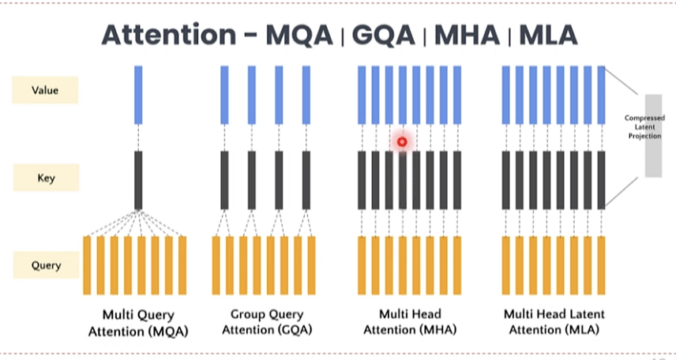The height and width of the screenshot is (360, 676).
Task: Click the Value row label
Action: [x=45, y=90]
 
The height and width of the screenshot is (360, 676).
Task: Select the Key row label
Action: [x=45, y=178]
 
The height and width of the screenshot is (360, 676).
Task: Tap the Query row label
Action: [x=45, y=265]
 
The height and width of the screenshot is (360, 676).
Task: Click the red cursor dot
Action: [x=402, y=142]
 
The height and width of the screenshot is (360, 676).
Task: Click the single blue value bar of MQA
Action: [x=138, y=95]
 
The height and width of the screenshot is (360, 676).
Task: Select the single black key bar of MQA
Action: [x=138, y=180]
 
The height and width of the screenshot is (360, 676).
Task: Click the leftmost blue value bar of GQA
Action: [x=224, y=95]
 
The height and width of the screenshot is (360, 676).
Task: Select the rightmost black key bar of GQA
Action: [x=306, y=180]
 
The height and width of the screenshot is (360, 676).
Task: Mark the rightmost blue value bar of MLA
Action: [x=601, y=95]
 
